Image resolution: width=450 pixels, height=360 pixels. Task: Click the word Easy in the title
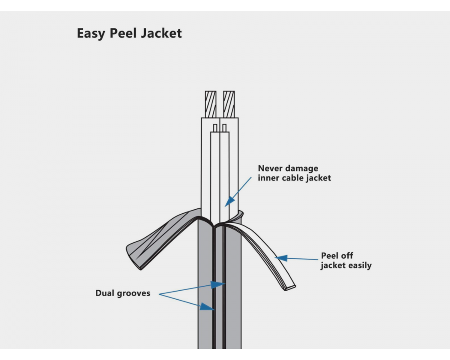coord(91,34)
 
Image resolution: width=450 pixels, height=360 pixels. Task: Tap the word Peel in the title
coord(122,34)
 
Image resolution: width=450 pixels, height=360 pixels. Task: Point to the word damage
coord(303,169)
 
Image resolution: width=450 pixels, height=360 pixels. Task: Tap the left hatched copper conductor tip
coord(211,104)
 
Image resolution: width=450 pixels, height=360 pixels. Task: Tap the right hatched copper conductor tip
coord(229,104)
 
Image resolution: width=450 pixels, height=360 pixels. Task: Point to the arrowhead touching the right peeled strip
coord(281,258)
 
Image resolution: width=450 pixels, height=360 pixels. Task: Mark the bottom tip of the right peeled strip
coord(291,287)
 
